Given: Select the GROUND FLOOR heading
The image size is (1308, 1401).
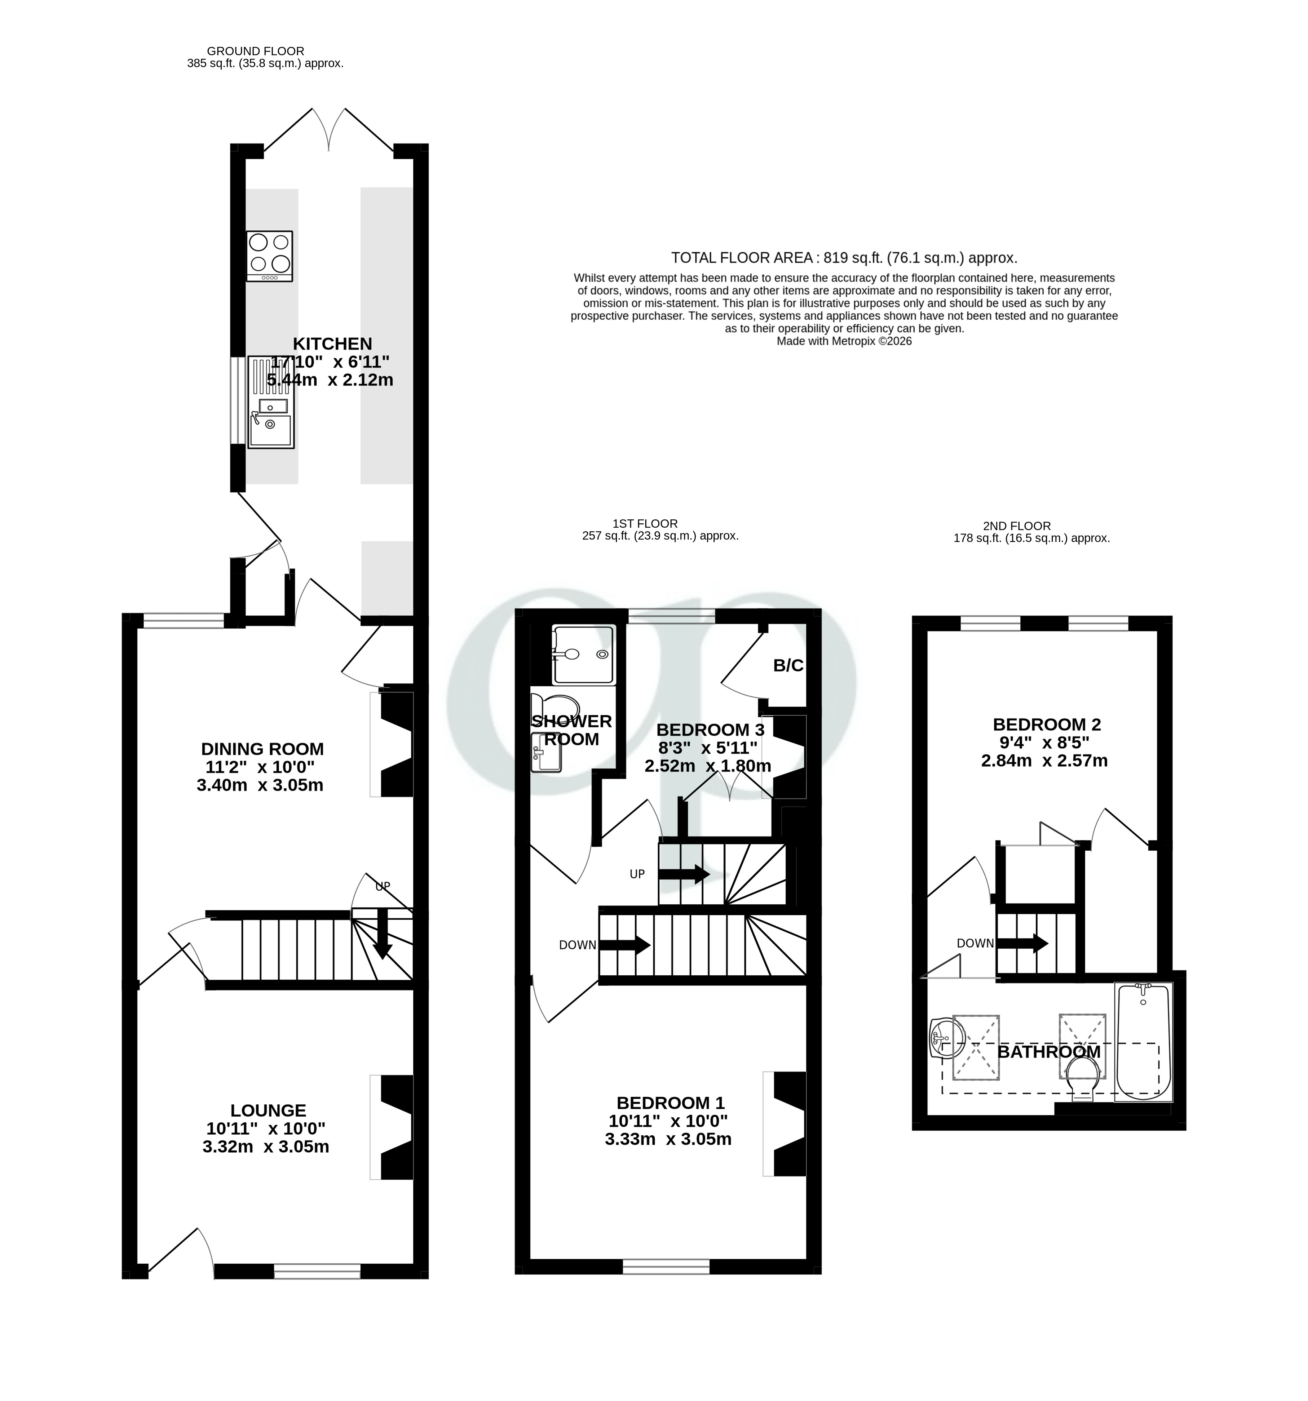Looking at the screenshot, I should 255,51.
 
